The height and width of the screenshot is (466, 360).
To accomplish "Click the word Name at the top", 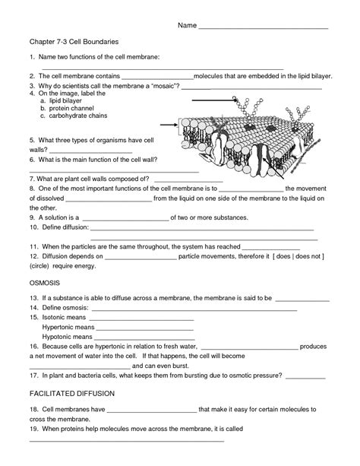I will click(186, 25).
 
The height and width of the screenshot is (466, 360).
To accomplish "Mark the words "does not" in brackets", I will click(319, 257).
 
